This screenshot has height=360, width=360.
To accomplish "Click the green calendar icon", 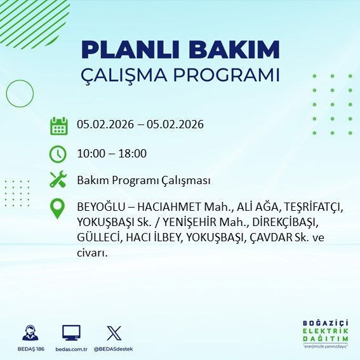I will click(58, 126).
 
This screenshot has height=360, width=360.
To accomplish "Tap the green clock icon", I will click(58, 154).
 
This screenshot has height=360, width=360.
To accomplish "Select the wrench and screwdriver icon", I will click(58, 180).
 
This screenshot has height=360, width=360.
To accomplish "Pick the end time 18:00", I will click(133, 153).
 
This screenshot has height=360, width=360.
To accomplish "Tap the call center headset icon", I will click(30, 333).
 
